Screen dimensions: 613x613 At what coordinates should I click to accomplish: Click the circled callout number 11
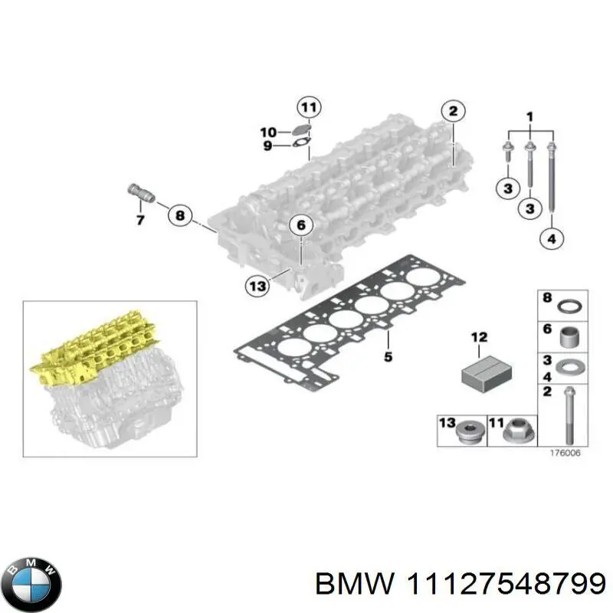coord(310,108)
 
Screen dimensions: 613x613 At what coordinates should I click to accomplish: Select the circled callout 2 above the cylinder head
coord(453,112)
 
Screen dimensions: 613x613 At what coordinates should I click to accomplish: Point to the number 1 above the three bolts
coord(529,116)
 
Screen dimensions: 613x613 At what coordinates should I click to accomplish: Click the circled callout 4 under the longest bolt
coord(550,239)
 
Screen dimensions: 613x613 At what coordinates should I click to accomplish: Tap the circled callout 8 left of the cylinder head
coord(179,217)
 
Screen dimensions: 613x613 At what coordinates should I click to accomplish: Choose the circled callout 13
coord(257,286)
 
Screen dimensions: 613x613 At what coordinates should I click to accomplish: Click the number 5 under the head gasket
coord(388,356)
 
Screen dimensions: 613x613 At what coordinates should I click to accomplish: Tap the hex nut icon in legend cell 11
coord(513,434)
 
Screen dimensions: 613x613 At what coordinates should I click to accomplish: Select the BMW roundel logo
coord(31,580)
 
